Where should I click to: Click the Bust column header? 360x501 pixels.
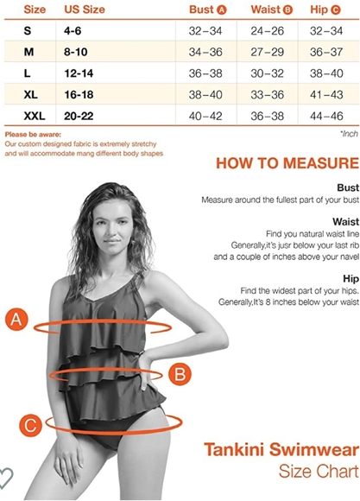point(207,10)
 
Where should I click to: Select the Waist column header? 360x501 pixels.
point(271,10)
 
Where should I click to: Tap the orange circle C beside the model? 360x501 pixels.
point(31,425)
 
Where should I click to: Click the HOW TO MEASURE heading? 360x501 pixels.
point(287,163)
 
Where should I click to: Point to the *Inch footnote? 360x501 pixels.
point(348,135)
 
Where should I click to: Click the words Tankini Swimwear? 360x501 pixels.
point(281,450)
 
